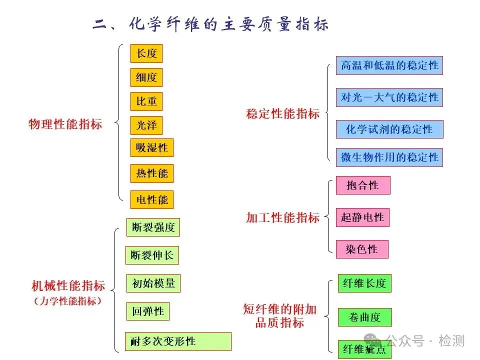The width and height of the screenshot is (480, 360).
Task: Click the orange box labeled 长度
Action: pos(146,53)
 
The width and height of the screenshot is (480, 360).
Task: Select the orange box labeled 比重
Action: pos(146,101)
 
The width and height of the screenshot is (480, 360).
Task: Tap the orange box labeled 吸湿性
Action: pos(152,148)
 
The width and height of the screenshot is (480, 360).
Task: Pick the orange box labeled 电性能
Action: pos(152,200)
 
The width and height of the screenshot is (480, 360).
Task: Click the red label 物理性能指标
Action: pos(65,124)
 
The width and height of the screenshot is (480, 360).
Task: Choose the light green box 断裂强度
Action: pos(153,227)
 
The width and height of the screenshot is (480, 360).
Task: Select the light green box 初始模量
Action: pos(153,283)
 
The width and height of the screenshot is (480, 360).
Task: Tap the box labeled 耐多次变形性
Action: pos(177,341)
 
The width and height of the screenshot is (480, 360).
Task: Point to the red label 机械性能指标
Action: pos(68,286)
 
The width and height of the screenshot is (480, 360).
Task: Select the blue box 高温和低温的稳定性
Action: pos(389,65)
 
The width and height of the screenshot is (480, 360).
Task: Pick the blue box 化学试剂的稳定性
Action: pos(389,129)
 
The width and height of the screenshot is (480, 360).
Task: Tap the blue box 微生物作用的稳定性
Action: pos(389,157)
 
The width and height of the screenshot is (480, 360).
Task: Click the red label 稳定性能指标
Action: pos(283,113)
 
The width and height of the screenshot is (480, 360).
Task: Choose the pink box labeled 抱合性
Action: pos(362,185)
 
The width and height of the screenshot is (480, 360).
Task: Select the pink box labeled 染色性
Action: pos(361,249)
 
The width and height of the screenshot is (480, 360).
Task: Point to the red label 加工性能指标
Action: pos(283,217)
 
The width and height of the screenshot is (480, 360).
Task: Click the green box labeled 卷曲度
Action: pos(364,317)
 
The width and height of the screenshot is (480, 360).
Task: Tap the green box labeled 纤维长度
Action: pos(364,283)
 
